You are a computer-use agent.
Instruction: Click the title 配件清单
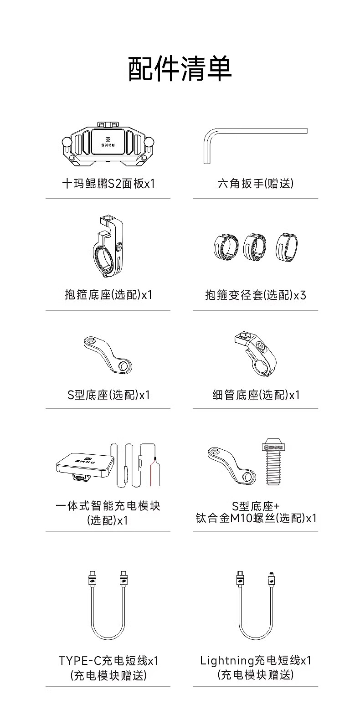(180, 69)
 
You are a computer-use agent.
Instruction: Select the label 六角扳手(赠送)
(255, 184)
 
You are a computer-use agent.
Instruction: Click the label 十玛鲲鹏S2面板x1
(108, 184)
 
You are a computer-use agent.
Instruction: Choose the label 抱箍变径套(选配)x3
(255, 295)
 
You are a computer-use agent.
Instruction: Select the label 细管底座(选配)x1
(256, 395)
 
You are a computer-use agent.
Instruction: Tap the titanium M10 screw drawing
(273, 465)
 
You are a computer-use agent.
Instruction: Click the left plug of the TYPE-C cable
(92, 578)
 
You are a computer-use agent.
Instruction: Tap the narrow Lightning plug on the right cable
(272, 578)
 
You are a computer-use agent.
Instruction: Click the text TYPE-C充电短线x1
(108, 660)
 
